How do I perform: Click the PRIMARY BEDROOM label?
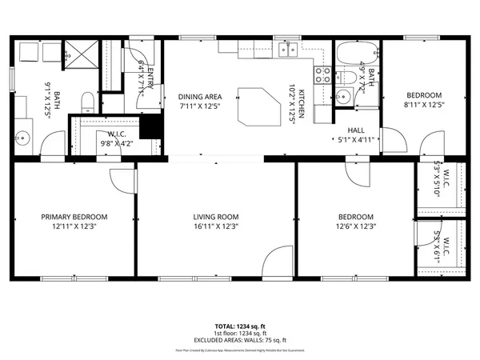[x=74, y=217]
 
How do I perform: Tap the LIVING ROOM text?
[x=216, y=217]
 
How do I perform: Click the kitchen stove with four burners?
[x=323, y=75]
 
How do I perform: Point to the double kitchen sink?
[x=287, y=50]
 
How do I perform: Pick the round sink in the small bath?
[x=343, y=98]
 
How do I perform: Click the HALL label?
[x=357, y=130]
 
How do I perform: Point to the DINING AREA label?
[x=198, y=97]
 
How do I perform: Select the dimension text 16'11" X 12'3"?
[x=216, y=226]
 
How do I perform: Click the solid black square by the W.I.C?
[x=150, y=126]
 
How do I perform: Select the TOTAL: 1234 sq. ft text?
[x=240, y=326]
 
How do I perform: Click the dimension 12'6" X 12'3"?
[x=355, y=226]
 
